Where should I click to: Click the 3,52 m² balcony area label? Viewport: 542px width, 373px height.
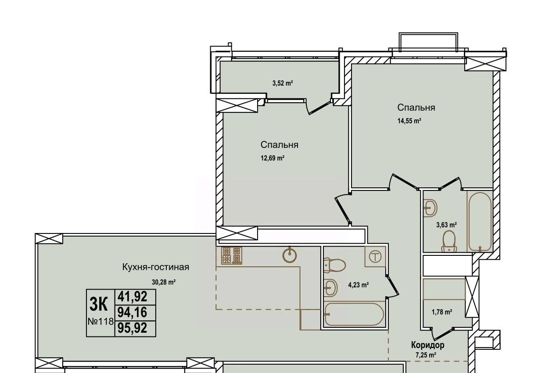283,83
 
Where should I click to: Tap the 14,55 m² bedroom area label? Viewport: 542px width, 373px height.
409,121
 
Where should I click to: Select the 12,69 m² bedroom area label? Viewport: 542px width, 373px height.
272,158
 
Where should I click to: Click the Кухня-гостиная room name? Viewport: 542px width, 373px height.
156,267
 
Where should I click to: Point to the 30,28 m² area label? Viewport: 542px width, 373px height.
164,282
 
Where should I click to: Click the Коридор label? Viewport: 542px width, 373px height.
427,345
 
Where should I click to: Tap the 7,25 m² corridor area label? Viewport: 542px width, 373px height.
426,355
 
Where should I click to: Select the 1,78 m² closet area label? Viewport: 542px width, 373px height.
442,312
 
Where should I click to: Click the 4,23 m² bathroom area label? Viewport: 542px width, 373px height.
359,285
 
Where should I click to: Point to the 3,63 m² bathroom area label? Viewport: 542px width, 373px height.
446,225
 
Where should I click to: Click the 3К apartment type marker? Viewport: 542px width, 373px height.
98,304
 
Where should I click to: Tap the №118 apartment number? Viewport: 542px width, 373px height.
101,322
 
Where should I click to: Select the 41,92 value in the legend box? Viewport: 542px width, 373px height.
133,297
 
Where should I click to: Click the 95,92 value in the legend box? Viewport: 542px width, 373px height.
133,328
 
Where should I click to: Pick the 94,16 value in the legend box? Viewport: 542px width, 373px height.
133,312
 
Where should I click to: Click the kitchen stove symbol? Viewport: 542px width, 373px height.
232,255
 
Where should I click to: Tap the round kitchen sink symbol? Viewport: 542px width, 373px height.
290,255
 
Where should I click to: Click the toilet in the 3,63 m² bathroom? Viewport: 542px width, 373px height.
449,241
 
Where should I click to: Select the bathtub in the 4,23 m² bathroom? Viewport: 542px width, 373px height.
354,314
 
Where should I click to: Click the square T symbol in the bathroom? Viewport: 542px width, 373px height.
375,256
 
